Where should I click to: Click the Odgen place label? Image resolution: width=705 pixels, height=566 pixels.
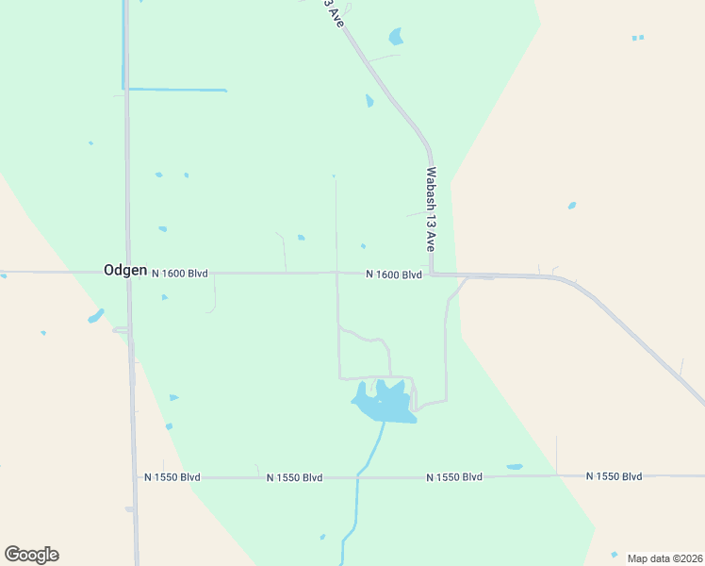[x=124, y=270]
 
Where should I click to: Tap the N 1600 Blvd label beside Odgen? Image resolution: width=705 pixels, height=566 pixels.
[x=178, y=274]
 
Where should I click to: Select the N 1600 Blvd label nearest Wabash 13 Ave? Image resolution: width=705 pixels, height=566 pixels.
[x=394, y=275]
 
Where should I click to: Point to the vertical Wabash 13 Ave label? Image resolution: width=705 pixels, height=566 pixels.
[x=431, y=208]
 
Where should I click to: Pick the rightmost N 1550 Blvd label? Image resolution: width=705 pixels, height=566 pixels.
[x=614, y=476]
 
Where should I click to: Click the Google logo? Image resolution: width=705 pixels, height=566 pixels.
[x=31, y=555]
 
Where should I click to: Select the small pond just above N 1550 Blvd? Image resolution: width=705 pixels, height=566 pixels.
[x=514, y=467]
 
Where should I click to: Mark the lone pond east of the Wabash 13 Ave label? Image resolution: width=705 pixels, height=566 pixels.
[x=571, y=205]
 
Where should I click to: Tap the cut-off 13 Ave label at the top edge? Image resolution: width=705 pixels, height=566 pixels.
[x=331, y=12]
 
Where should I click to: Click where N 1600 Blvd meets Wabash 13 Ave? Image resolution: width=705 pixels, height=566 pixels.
[x=431, y=275]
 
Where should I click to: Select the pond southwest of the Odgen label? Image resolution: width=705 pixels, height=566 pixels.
[x=95, y=316]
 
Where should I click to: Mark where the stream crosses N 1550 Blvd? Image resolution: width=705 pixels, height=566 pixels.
[x=357, y=477]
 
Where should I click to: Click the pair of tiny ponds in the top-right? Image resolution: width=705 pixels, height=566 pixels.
[x=638, y=38]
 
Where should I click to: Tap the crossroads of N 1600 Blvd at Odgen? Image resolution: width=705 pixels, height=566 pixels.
[x=128, y=273]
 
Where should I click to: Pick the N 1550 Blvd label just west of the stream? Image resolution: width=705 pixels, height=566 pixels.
[x=294, y=477]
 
